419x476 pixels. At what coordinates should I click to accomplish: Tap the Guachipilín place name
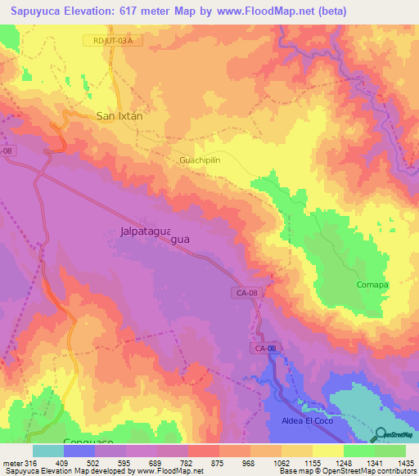coord(201,161)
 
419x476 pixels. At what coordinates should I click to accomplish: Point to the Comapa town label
coord(372,285)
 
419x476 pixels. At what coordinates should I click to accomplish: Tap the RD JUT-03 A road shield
coord(107,40)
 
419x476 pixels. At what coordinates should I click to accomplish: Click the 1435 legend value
coord(405,463)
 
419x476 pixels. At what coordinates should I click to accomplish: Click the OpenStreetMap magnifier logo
coord(378,433)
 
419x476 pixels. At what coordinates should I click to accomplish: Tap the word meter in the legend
coord(12,463)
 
